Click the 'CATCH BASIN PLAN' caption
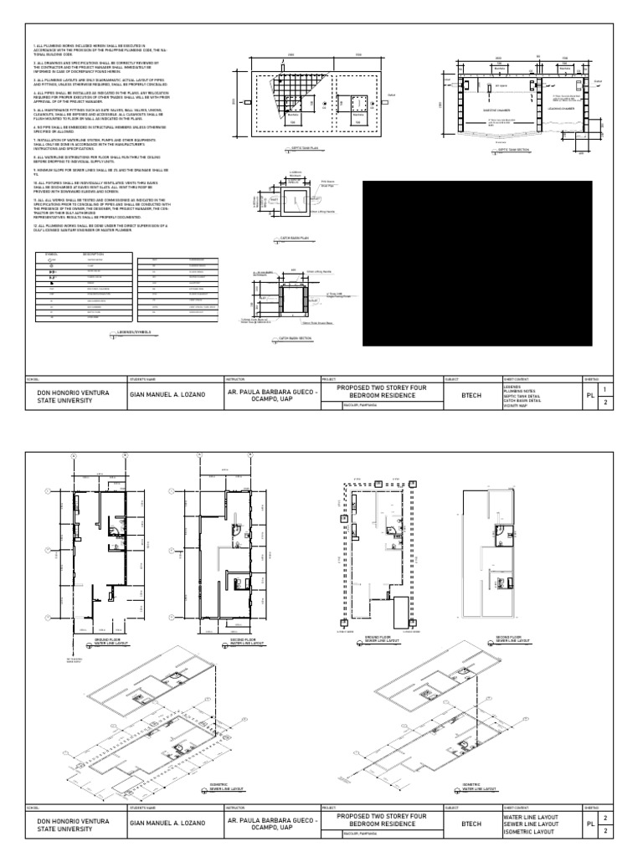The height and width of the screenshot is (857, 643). pyautogui.click(x=294, y=239)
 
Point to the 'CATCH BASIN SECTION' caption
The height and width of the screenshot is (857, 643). pyautogui.click(x=296, y=338)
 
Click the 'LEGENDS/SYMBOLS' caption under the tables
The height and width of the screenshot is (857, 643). pyautogui.click(x=133, y=333)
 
